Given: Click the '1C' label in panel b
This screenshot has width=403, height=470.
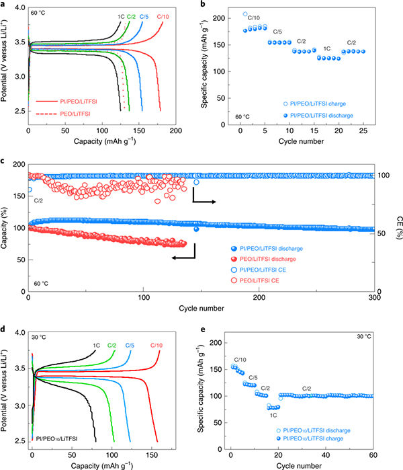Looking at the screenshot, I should coord(327,48).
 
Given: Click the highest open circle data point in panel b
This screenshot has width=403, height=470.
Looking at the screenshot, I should coord(245,14).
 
